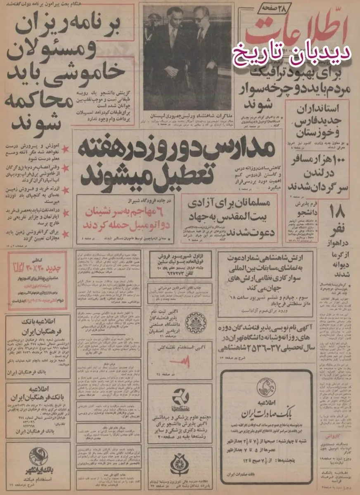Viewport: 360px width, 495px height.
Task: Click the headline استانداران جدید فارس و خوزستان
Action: click(x=324, y=120)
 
